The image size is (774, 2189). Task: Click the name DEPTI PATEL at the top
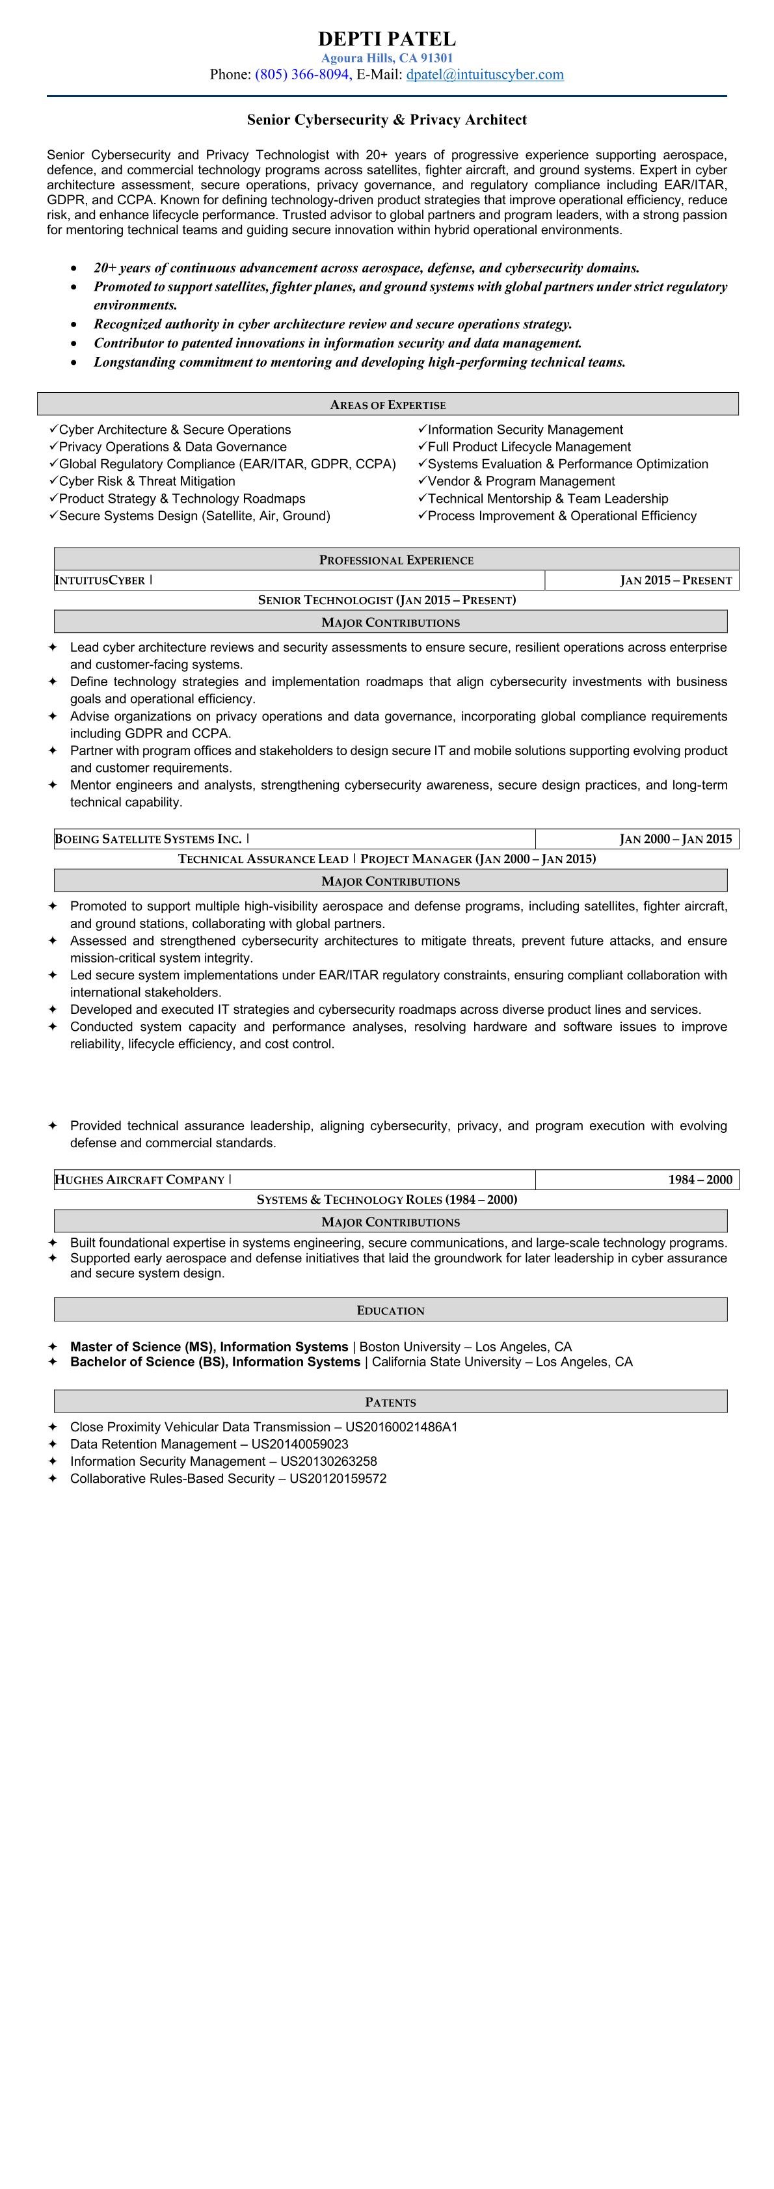coord(386,39)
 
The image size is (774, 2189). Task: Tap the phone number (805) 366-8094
coord(302,75)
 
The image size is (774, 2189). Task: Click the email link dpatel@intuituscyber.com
coord(485,75)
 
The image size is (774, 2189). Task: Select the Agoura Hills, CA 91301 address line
coord(386,58)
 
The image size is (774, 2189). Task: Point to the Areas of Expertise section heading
coord(388,405)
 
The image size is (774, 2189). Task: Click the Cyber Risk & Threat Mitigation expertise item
coord(146,481)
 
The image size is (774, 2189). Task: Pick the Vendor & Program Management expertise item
coord(521,481)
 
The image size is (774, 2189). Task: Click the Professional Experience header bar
coord(396,560)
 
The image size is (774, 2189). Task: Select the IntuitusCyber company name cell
coord(100,580)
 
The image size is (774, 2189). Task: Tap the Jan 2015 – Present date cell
coord(675,580)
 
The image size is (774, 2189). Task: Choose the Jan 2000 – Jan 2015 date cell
coord(675,840)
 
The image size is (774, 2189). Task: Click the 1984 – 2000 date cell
coord(699,1180)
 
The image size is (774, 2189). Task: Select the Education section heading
coord(390,1310)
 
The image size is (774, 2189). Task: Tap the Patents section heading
coord(390,1402)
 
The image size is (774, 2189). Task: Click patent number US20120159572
coord(338,1479)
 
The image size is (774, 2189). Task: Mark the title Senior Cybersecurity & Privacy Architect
coord(386,120)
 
